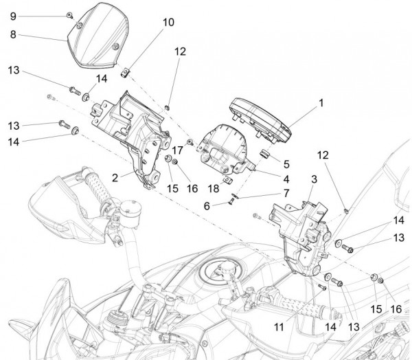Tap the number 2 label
coord(115,177)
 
